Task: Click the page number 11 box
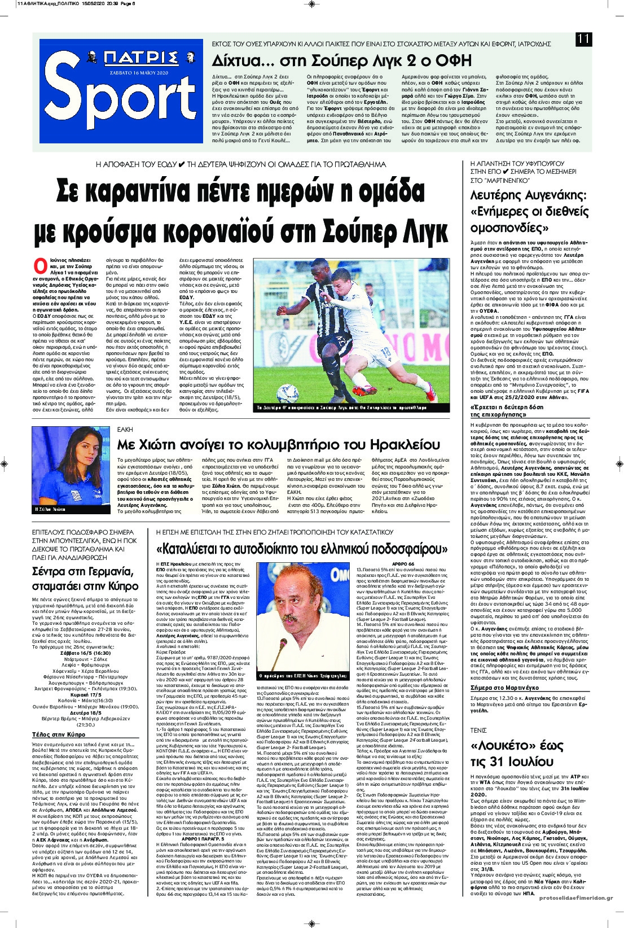583,39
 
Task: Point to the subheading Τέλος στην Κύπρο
59,734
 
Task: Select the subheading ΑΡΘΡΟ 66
403,564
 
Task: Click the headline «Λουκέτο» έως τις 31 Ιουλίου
512,753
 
